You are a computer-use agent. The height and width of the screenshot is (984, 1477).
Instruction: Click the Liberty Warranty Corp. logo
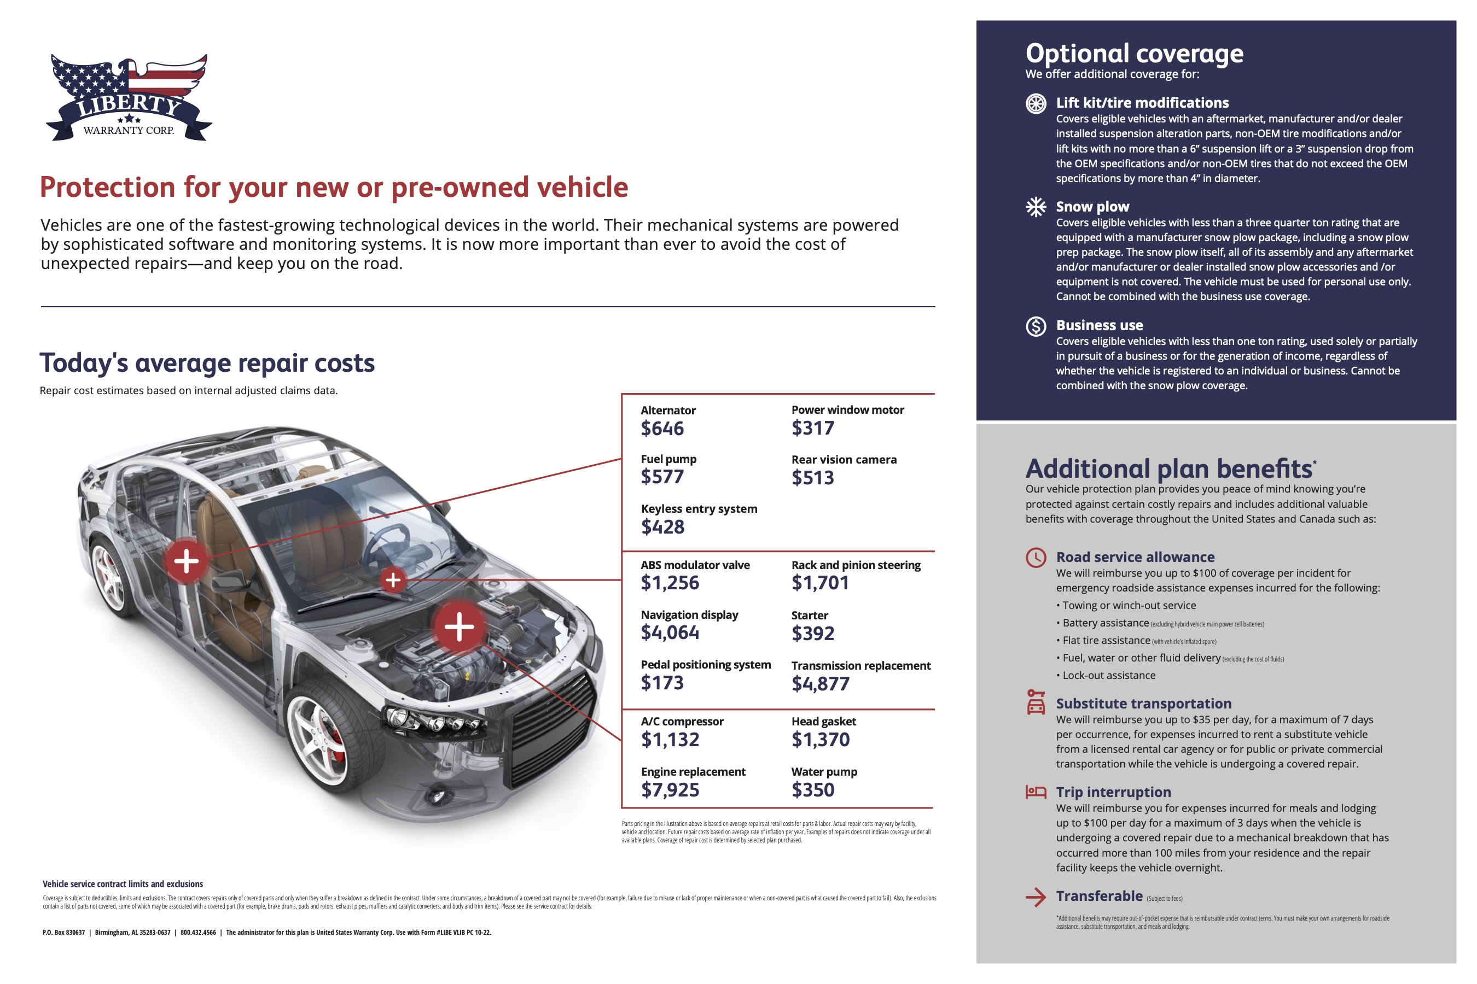(129, 97)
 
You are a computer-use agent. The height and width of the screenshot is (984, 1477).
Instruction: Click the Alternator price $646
(662, 429)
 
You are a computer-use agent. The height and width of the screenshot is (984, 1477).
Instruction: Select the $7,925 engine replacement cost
(670, 789)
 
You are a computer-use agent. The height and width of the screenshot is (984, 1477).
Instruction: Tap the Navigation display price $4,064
(670, 632)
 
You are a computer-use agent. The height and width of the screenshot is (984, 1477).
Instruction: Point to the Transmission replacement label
(861, 666)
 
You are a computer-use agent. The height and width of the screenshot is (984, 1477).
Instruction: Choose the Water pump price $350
(812, 789)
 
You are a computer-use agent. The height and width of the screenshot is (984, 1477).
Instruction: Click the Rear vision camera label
(844, 460)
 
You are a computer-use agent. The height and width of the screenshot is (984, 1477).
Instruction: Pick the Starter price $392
(812, 634)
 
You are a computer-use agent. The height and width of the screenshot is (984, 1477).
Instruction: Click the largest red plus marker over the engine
(459, 626)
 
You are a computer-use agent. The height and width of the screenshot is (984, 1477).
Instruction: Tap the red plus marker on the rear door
(186, 561)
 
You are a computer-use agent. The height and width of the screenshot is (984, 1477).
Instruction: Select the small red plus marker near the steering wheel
(393, 580)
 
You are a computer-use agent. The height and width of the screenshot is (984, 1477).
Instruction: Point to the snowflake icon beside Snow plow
(1036, 207)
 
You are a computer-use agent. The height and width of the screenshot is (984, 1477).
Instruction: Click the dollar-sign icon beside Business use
(1036, 326)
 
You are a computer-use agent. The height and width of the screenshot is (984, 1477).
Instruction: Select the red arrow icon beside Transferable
(1036, 898)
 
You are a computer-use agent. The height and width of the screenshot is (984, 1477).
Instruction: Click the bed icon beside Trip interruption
(1036, 792)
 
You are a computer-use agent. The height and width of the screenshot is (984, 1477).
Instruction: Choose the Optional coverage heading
(1134, 54)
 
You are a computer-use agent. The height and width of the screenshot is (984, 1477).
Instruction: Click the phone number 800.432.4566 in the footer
(198, 933)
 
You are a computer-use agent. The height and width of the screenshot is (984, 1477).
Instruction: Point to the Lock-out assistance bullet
(1108, 676)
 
